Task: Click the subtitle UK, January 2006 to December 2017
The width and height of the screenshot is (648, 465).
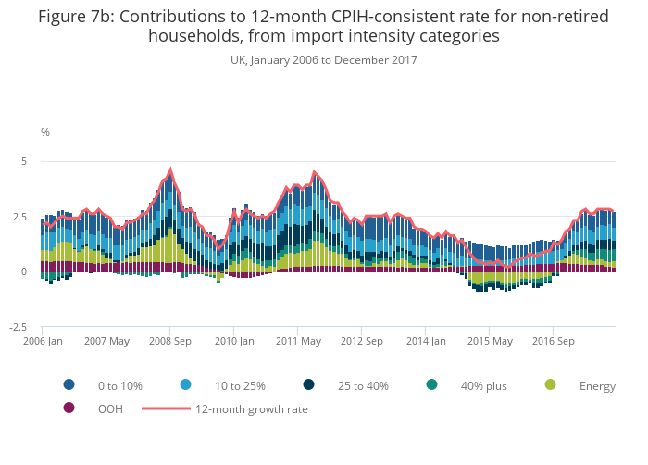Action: point(324,60)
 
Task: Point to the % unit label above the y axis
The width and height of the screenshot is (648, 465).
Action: point(45,132)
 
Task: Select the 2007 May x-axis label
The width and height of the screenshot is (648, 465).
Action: point(107,341)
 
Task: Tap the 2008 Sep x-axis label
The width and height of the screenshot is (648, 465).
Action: point(170,341)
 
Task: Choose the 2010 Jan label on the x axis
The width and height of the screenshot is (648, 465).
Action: point(234,341)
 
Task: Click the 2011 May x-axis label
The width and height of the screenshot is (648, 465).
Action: point(298,341)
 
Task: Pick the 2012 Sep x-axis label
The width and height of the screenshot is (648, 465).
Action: point(362,341)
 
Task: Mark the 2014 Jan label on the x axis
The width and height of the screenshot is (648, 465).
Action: point(426,341)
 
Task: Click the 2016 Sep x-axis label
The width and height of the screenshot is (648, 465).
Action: point(553,341)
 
